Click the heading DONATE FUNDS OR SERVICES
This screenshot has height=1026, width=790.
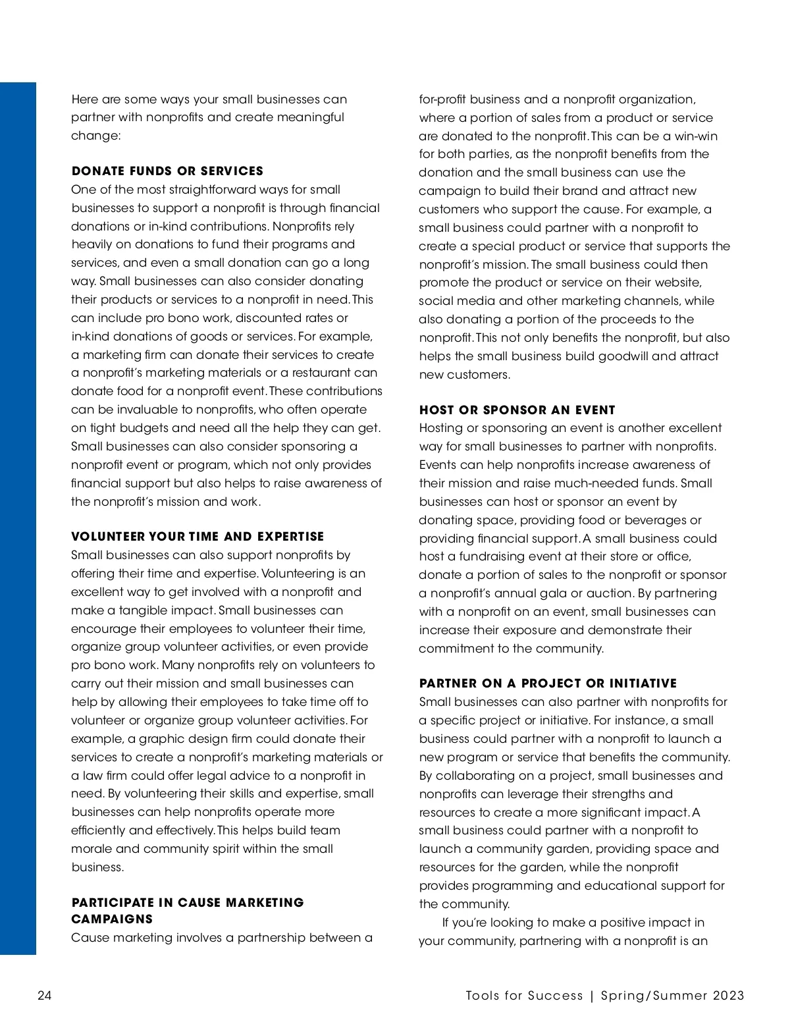click(x=167, y=171)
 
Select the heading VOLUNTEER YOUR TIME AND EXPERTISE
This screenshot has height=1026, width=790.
click(x=197, y=537)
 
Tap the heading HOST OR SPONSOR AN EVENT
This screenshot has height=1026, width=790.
click(x=517, y=410)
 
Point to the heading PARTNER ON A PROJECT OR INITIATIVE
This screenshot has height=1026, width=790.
click(x=548, y=684)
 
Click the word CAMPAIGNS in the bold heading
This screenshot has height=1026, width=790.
click(x=112, y=919)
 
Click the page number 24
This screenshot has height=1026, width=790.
click(x=44, y=996)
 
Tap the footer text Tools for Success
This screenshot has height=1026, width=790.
click(x=524, y=996)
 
